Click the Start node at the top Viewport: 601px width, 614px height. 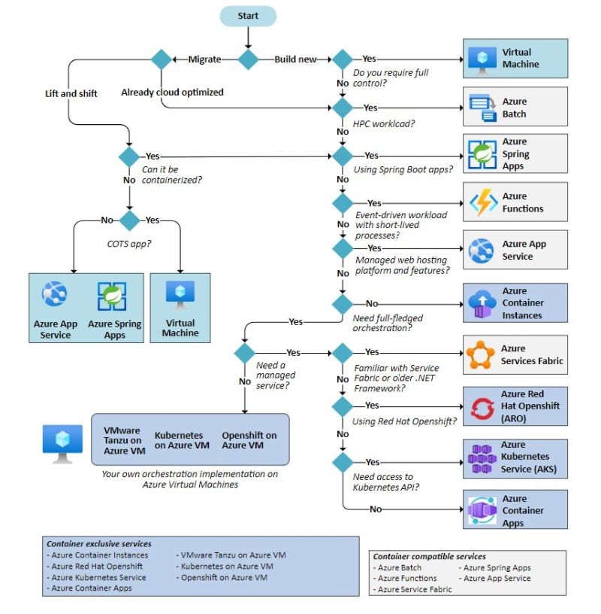click(248, 16)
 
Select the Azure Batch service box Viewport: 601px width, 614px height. click(515, 108)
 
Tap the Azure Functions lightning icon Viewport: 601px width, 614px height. click(483, 202)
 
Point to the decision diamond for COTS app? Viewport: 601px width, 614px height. click(130, 220)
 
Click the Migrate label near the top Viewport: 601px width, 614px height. click(204, 59)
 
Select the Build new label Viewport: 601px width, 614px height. click(294, 59)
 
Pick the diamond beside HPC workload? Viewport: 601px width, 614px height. click(343, 108)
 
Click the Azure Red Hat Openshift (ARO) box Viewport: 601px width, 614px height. click(515, 406)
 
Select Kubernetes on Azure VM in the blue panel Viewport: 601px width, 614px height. click(183, 440)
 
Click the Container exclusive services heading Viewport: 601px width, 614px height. click(98, 543)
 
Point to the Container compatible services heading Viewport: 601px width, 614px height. click(429, 557)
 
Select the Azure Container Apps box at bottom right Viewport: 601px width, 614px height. click(515, 510)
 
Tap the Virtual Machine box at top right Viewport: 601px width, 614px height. click(515, 59)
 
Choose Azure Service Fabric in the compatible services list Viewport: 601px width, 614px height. click(415, 589)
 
